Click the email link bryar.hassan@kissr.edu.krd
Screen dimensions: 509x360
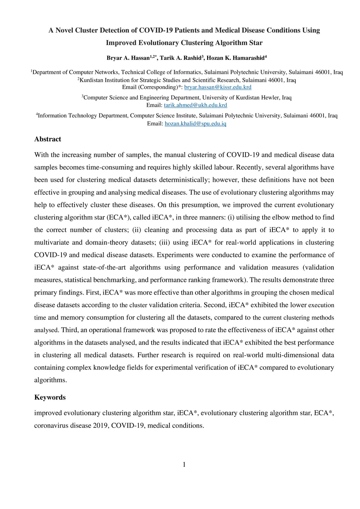click(218, 87)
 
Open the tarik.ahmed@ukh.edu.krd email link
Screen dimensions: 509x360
click(195, 105)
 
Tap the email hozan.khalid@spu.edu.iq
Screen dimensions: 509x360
click(195, 123)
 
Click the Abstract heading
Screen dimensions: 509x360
click(48, 139)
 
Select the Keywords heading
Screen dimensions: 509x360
click(50, 397)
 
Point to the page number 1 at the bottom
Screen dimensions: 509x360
click(184, 465)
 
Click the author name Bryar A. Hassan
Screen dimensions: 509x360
click(128, 58)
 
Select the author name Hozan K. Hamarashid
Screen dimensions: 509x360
click(235, 58)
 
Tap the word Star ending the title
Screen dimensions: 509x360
click(256, 43)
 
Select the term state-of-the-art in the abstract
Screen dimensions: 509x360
click(104, 268)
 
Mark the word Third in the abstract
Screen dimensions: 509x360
click(69, 330)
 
